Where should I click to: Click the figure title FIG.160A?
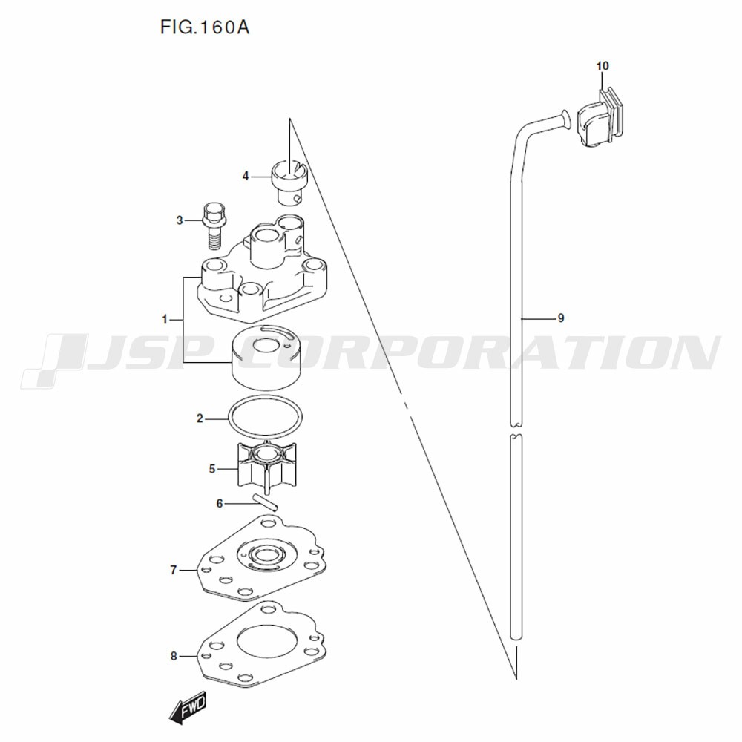(205, 27)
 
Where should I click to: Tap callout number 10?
(603, 66)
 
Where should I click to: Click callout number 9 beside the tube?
(561, 318)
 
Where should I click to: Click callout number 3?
(180, 220)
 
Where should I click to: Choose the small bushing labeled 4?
(289, 183)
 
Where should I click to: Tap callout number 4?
(245, 176)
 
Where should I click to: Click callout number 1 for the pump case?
(165, 319)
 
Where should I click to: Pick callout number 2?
(200, 418)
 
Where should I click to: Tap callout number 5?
(212, 469)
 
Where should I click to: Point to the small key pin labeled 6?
(266, 502)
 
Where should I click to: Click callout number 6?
(219, 504)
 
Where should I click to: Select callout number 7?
(173, 570)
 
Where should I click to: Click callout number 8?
(173, 657)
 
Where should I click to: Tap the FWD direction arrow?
(188, 707)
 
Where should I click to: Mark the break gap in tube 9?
(516, 429)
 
